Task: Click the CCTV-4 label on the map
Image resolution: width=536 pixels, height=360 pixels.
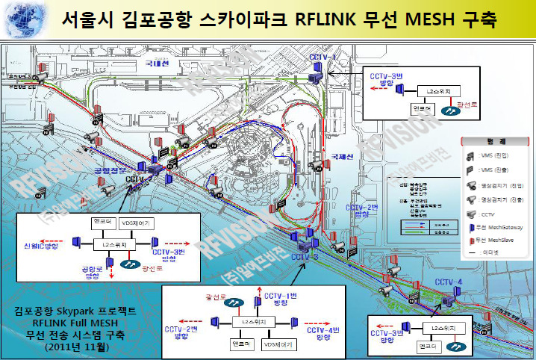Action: (x=449, y=282)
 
